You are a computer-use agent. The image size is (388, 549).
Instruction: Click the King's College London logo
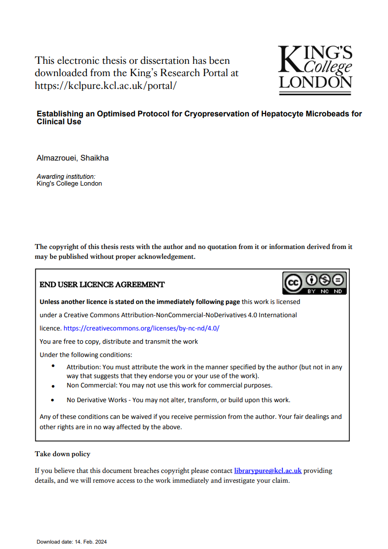[315, 67]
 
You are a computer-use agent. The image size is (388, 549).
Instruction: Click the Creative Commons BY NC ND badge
[314, 283]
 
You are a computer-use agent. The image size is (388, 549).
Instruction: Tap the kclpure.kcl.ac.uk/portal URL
[105, 85]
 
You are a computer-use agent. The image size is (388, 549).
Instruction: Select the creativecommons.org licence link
[141, 328]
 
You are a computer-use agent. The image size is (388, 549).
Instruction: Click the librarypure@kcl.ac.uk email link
[268, 470]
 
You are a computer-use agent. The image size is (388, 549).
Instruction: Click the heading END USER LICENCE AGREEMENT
[102, 285]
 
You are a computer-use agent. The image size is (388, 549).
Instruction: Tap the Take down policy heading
[62, 454]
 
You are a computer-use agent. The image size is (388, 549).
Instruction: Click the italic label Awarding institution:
[66, 176]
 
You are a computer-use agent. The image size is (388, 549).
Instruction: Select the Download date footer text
[71, 542]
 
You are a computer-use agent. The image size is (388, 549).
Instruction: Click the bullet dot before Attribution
[53, 366]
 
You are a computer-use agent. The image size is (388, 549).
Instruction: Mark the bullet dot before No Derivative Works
[53, 400]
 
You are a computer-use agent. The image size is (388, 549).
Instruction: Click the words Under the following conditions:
[85, 355]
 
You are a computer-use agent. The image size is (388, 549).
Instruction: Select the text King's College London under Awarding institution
[69, 183]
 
